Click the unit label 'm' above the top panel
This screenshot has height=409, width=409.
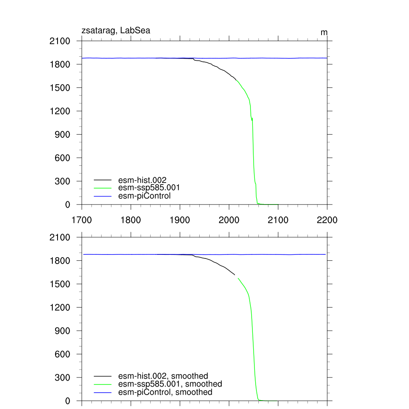point(324,32)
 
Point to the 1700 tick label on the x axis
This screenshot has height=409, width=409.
point(81,220)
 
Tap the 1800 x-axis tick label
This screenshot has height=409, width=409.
point(131,220)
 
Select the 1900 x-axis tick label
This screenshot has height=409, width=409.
point(180,220)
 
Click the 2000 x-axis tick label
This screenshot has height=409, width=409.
point(229,220)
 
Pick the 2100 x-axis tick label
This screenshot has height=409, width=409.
point(278,220)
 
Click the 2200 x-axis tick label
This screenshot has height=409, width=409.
point(327,220)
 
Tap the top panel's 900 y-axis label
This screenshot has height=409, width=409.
point(63,135)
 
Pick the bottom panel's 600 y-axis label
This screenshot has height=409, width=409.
point(63,354)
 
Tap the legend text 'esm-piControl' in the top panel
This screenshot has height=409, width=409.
point(145,196)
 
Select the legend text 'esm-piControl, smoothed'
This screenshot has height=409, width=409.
point(165,392)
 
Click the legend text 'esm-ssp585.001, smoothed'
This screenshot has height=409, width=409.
point(170,384)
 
